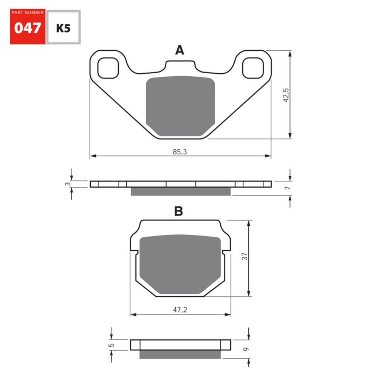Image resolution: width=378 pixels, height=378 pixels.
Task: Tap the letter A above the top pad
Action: (180, 50)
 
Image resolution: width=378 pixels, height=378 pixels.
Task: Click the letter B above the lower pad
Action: (178, 212)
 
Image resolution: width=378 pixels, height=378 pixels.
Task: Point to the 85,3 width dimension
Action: (180, 152)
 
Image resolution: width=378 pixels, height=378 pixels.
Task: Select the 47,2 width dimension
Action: (180, 310)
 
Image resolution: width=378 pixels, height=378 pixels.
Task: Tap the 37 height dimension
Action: (245, 256)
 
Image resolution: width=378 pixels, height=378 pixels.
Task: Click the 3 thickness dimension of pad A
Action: (67, 184)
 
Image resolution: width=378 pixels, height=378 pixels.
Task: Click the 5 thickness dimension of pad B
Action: (111, 345)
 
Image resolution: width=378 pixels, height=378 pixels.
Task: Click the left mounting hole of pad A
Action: (108, 68)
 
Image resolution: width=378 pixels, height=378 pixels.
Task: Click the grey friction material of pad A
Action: (180, 106)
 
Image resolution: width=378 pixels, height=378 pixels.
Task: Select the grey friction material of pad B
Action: (180, 265)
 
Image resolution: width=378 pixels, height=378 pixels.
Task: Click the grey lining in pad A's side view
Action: (180, 192)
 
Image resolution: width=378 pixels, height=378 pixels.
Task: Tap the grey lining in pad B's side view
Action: (180, 354)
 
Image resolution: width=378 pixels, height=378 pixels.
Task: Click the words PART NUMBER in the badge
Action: (28, 13)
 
